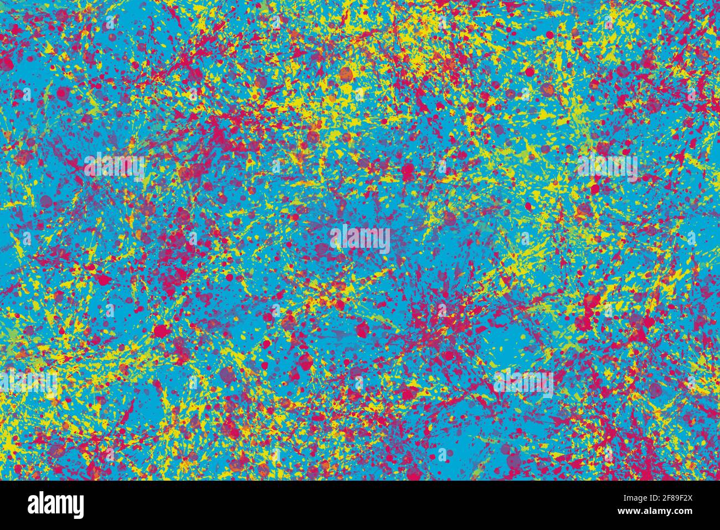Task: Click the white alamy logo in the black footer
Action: [x=56, y=505]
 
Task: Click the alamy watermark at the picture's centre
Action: [x=360, y=239]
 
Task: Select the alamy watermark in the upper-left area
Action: [x=114, y=166]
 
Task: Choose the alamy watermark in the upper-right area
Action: [x=607, y=166]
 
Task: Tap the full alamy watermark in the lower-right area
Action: [x=523, y=383]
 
